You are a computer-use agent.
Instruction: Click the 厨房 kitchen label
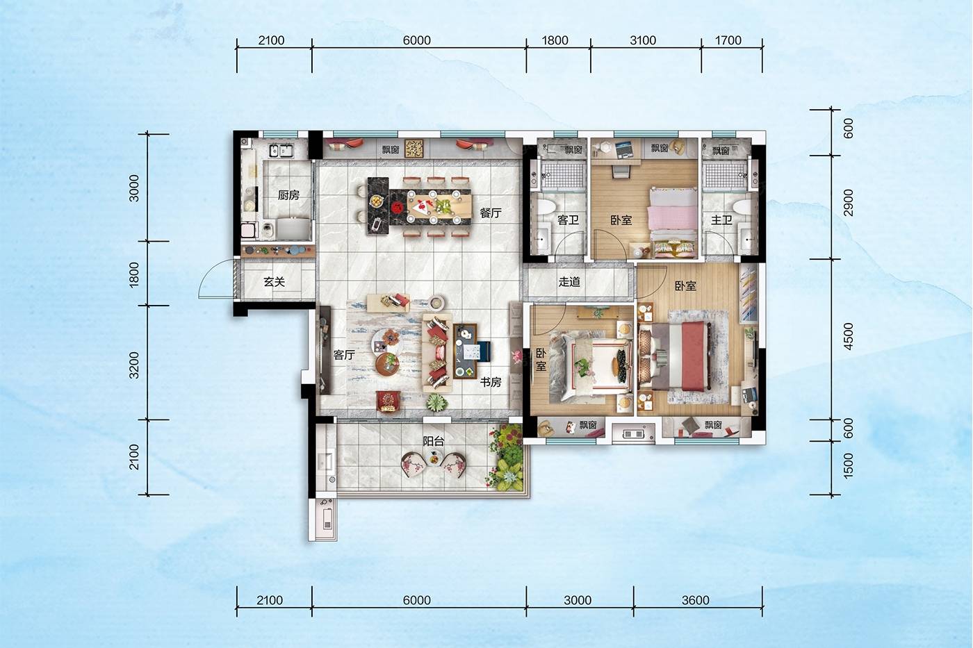288,195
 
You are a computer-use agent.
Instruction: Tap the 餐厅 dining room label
491,213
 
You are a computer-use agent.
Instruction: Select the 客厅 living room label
344,355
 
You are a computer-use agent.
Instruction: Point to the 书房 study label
491,382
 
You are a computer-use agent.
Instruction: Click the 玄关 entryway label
274,282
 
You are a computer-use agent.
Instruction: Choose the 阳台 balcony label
434,442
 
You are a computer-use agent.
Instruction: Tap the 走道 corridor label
569,282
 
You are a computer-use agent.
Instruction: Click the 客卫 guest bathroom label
569,220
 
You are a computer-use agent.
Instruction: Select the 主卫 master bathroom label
721,220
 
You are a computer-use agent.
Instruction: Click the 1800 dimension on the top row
555,40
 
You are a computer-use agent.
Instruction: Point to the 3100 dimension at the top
642,40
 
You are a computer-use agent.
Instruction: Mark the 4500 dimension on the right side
847,336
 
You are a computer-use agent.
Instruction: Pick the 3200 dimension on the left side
134,365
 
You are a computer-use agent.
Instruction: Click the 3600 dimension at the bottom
695,600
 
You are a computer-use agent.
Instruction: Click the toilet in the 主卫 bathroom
741,208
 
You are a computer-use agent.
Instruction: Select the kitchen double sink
281,151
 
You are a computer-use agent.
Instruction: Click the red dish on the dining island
397,208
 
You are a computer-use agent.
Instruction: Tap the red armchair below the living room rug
389,401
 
